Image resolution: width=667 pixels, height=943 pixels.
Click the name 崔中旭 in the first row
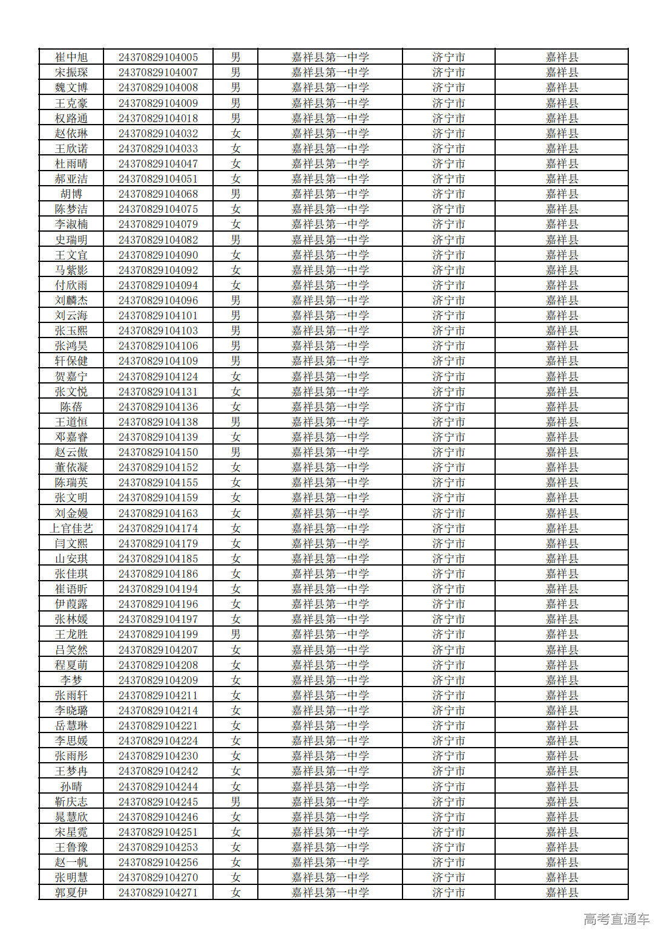click(x=71, y=57)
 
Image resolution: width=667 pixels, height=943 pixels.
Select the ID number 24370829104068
click(x=158, y=194)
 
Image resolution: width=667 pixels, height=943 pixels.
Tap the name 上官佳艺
click(x=71, y=529)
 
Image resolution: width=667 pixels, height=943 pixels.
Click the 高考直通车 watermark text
click(x=616, y=919)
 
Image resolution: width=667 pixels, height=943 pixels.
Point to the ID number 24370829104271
click(x=158, y=893)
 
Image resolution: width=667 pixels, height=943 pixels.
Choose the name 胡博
click(x=71, y=194)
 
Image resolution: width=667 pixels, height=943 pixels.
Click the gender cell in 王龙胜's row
click(x=235, y=635)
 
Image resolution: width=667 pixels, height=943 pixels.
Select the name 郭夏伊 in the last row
click(x=71, y=893)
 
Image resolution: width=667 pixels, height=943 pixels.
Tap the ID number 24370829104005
click(x=158, y=57)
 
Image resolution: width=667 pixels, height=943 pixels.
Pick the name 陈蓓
click(x=71, y=407)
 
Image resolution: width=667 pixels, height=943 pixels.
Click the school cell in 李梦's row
click(x=330, y=680)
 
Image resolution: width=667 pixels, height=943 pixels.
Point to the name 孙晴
click(x=71, y=787)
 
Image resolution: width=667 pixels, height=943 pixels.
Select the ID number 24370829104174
click(x=158, y=529)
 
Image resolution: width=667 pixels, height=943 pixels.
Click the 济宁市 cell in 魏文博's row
click(x=448, y=88)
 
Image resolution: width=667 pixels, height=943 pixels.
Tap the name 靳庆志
click(x=71, y=802)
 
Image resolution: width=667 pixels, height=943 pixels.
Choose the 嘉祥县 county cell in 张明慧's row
click(x=562, y=878)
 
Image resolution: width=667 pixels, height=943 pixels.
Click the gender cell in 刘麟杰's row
click(x=235, y=301)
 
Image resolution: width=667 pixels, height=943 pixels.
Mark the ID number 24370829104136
click(x=158, y=407)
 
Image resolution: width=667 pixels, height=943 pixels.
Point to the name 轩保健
click(x=71, y=361)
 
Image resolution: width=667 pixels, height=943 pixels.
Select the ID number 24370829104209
click(x=158, y=680)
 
